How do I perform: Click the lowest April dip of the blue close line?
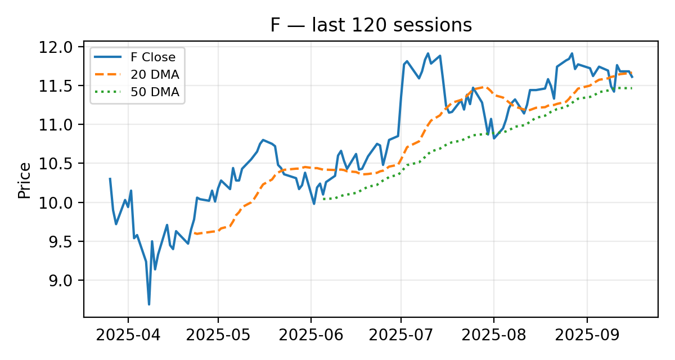149,304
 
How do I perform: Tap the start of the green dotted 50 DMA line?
323,199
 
